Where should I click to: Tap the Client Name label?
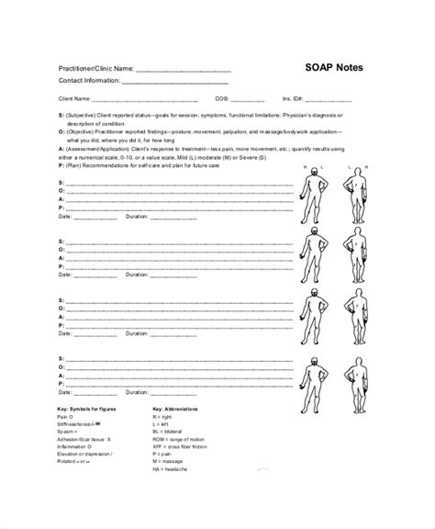tap(74, 99)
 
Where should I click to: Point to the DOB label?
tap(223, 99)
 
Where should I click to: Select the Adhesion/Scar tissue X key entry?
tap(84, 438)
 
